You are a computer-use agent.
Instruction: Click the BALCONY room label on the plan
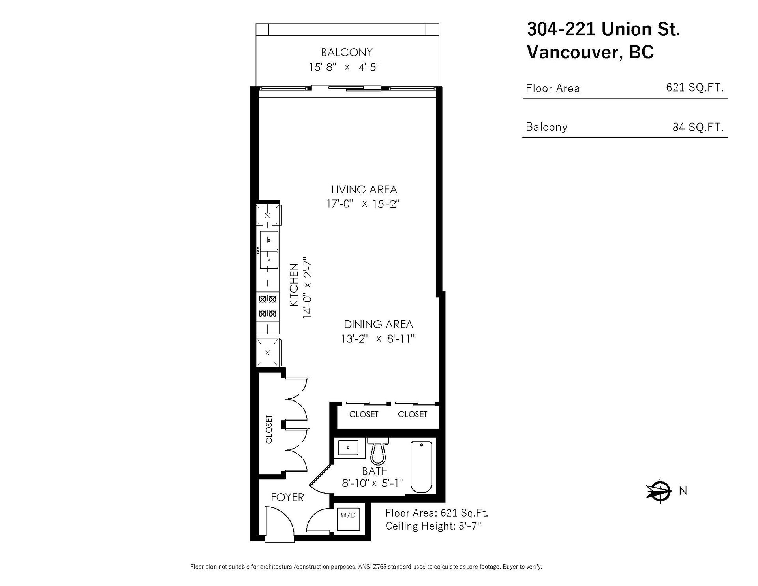347,52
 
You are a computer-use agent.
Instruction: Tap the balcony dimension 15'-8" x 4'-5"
344,67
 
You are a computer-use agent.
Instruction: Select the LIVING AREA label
364,190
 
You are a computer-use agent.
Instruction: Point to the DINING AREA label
379,324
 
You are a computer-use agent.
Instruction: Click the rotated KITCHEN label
294,285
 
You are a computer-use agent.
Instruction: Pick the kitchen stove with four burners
268,307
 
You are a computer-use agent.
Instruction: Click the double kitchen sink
269,250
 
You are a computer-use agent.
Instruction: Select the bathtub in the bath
421,467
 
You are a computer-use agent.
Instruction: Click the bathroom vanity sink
348,447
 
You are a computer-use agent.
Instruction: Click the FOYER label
287,498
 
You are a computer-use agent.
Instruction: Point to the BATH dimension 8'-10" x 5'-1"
372,483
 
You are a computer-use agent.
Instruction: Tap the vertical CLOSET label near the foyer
269,429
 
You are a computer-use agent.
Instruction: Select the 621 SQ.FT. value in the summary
695,87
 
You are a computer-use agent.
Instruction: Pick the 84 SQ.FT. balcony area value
698,127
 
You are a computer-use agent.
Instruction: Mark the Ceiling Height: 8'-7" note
433,526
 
